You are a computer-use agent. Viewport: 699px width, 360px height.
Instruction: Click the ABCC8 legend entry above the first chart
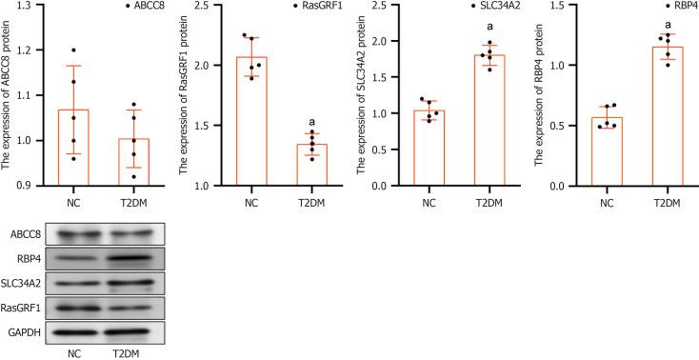pos(145,7)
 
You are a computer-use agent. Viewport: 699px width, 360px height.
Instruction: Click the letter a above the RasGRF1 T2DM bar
pos(311,123)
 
